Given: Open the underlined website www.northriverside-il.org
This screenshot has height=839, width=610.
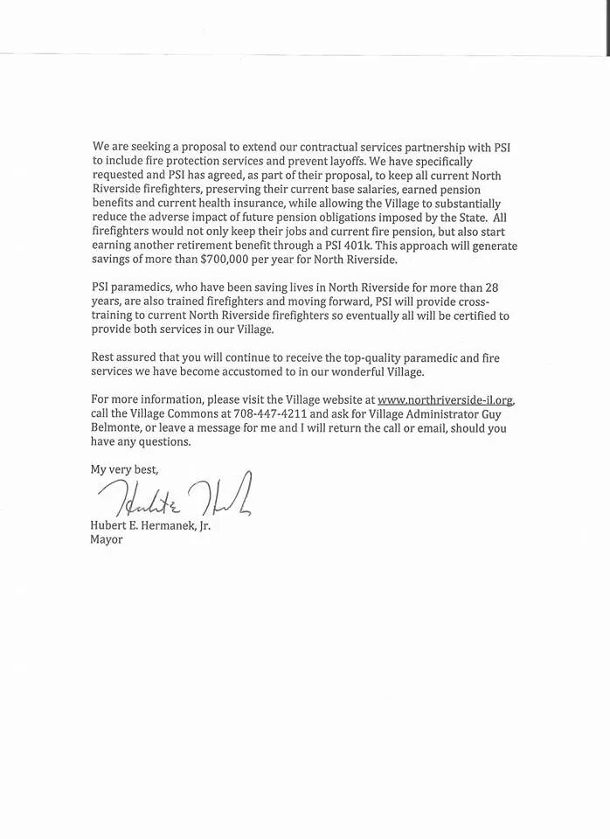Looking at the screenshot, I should tap(446, 401).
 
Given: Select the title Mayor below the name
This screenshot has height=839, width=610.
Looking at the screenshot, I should tap(107, 540).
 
